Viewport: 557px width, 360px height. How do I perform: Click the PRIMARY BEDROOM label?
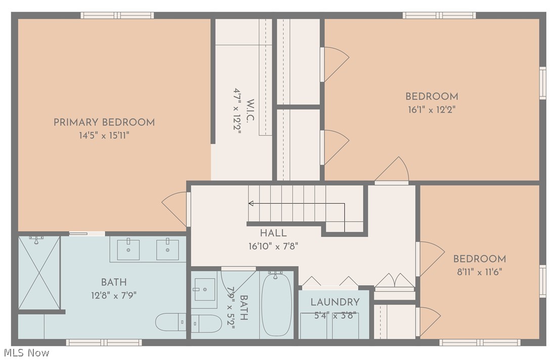pos(104,122)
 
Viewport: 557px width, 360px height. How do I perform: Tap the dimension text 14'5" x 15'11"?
pos(104,136)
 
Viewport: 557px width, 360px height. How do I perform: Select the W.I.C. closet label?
pos(250,111)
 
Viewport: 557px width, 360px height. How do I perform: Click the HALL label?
pos(273,233)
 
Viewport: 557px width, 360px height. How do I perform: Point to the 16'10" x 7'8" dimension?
pos(273,246)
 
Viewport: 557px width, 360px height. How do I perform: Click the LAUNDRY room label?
pos(335,302)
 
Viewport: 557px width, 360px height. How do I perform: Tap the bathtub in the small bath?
pos(277,304)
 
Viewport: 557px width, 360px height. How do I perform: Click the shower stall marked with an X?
pos(39,273)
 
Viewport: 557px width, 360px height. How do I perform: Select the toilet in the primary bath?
pos(170,322)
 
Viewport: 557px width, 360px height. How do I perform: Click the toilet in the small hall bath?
pos(206,324)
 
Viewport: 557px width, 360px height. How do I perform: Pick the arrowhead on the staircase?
pos(250,204)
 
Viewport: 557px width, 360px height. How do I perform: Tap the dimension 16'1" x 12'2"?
pos(432,109)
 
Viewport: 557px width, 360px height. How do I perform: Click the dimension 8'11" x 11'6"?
pos(479,272)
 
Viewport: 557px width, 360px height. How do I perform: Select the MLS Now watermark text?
pos(27,353)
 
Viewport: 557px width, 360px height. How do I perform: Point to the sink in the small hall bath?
pos(205,290)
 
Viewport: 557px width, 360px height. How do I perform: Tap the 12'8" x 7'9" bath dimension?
pos(114,295)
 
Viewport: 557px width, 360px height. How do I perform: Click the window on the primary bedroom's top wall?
pos(117,15)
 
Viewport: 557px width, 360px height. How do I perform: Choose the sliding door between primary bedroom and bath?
pos(87,234)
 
